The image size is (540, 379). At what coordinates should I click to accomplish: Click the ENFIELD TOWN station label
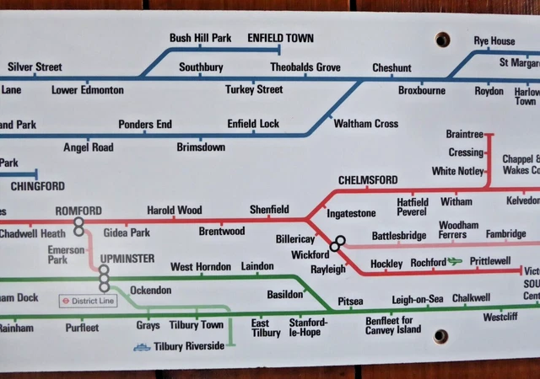(280, 39)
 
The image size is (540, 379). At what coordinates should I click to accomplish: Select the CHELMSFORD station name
(367, 180)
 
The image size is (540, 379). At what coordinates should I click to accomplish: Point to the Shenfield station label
(269, 210)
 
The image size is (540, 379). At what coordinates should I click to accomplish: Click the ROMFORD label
(78, 210)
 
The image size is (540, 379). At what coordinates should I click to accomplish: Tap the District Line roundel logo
(65, 301)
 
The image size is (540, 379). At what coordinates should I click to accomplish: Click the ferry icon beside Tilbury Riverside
(142, 346)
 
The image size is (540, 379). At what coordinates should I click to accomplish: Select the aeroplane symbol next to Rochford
(456, 262)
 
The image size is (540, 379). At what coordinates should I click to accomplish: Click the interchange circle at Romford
(78, 225)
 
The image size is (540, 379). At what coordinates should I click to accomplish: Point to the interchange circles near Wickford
(337, 243)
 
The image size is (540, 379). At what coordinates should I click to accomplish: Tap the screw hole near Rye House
(442, 40)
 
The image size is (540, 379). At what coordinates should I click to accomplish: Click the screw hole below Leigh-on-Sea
(440, 337)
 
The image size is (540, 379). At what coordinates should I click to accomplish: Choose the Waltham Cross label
(365, 124)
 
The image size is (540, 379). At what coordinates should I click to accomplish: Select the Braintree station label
(464, 135)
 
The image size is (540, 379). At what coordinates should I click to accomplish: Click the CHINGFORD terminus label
(37, 186)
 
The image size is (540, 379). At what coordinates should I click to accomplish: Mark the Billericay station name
(294, 239)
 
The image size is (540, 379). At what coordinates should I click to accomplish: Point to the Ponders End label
(145, 125)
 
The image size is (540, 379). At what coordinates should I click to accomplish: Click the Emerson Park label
(66, 255)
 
